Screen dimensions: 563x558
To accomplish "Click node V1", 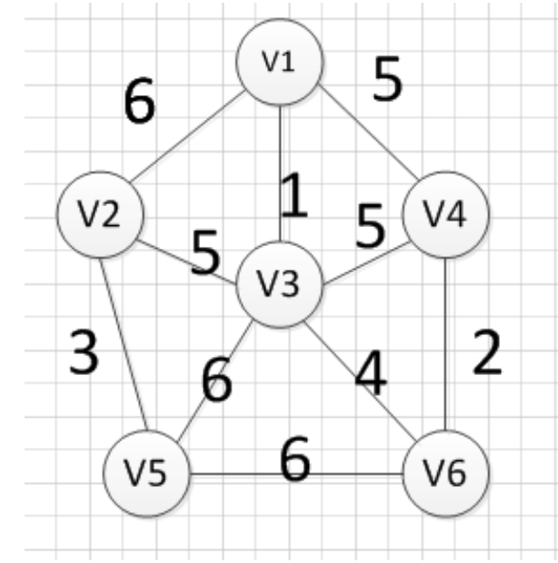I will pyautogui.click(x=279, y=62).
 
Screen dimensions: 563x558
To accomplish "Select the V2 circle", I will pyautogui.click(x=101, y=214).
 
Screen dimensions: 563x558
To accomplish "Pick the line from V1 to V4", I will pyautogui.click(x=364, y=138).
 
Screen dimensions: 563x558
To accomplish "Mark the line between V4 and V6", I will pyautogui.click(x=446, y=345).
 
